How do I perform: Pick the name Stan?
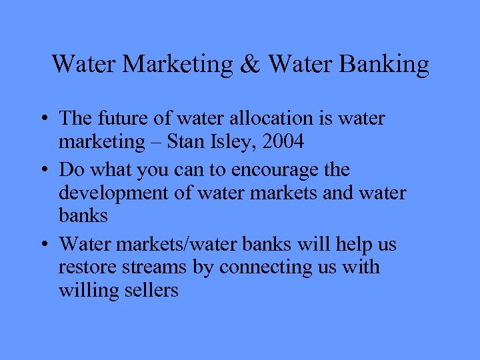tap(188, 141)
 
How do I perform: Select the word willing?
tap(84, 291)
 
